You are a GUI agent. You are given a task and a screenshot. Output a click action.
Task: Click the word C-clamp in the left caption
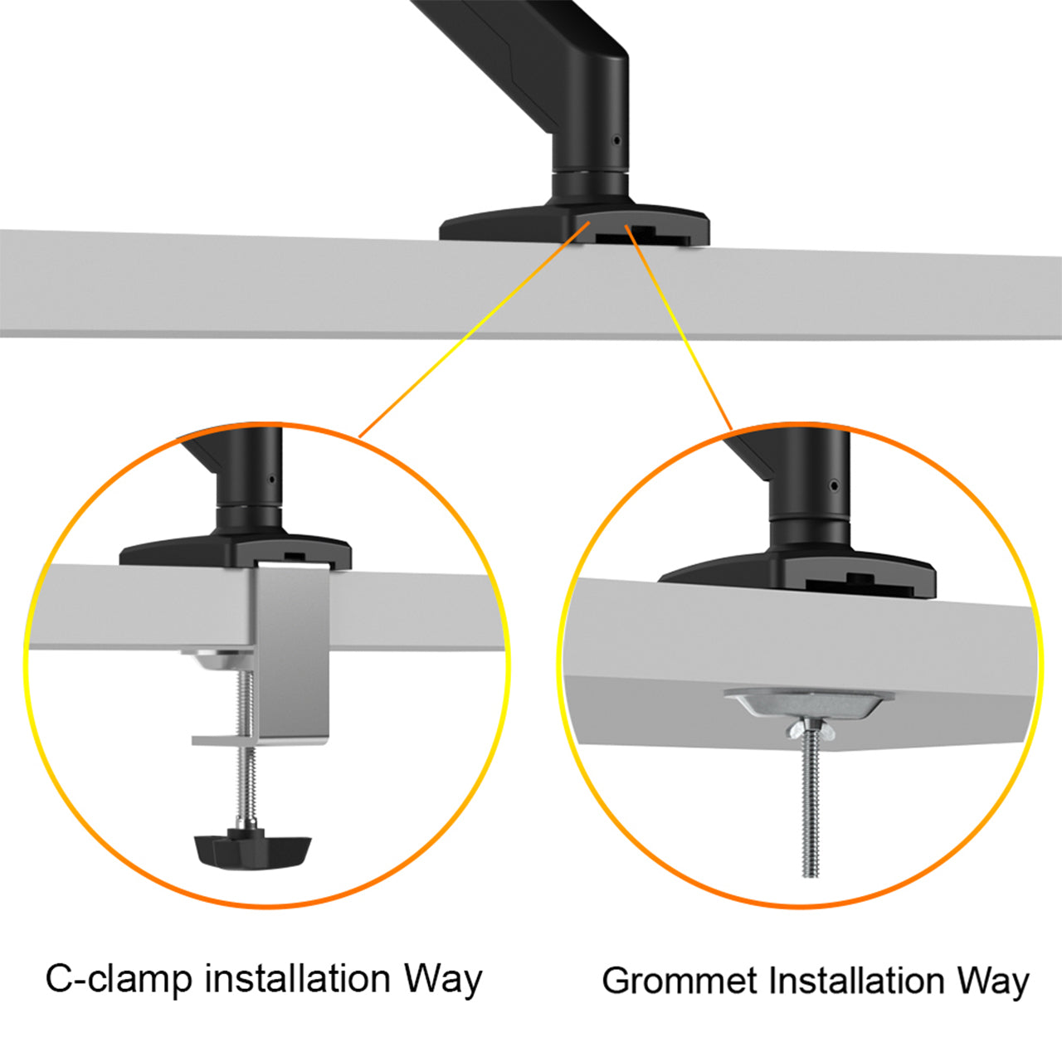pyautogui.click(x=118, y=978)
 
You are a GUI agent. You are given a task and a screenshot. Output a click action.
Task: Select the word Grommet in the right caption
pyautogui.click(x=679, y=981)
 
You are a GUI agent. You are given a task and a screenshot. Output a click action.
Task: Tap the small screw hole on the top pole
pyautogui.click(x=616, y=140)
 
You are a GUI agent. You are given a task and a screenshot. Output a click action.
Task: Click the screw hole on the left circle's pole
pyautogui.click(x=271, y=479)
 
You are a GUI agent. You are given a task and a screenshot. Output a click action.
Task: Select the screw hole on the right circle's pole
pyautogui.click(x=834, y=485)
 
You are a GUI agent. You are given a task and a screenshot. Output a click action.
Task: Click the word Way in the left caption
pyautogui.click(x=443, y=979)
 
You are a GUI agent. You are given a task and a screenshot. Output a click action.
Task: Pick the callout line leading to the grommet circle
pyautogui.click(x=680, y=332)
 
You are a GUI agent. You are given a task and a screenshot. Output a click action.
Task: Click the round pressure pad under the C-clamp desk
pyautogui.click(x=217, y=661)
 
